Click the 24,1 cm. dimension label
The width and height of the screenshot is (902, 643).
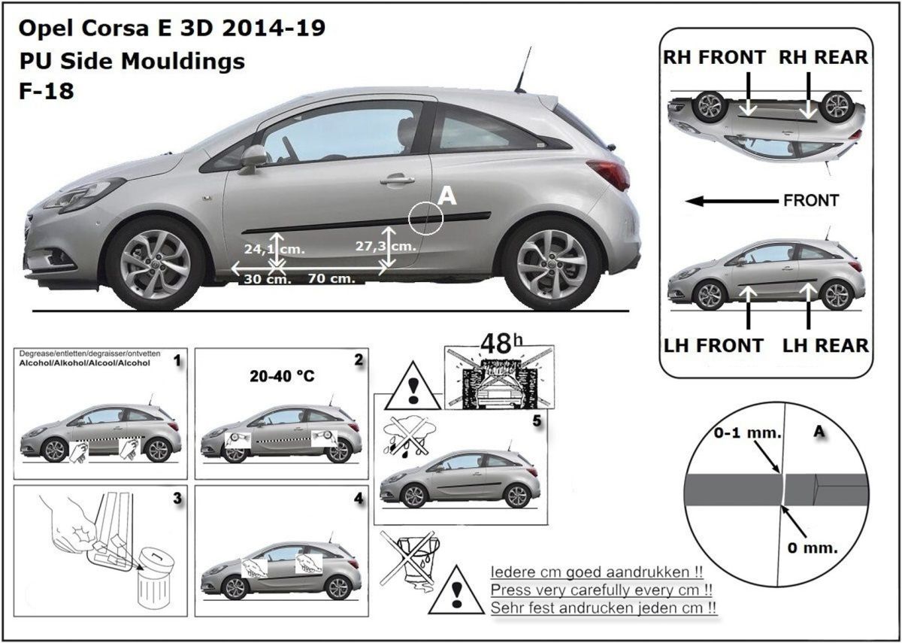[x=274, y=249]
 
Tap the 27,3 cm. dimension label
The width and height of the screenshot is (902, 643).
[x=386, y=246]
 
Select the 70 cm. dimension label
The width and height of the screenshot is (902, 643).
[x=331, y=278]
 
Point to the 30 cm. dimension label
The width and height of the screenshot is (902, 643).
[x=268, y=279]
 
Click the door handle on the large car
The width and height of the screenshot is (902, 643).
[x=397, y=180]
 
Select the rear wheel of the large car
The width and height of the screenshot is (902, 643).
[x=552, y=264]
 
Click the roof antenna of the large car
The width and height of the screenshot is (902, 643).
[x=523, y=70]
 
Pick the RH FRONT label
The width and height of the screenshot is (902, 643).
[x=714, y=57]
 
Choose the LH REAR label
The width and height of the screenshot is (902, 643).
[x=825, y=346]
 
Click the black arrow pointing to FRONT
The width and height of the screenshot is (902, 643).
[x=731, y=201]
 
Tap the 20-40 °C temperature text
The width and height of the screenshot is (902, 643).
[x=282, y=376]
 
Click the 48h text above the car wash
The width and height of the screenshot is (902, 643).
[x=501, y=343]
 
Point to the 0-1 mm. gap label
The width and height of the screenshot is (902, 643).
[x=747, y=433]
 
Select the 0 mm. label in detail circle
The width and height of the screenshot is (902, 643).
[x=813, y=548]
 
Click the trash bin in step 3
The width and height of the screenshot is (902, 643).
[x=156, y=579]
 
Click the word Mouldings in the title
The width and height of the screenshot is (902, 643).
[x=183, y=61]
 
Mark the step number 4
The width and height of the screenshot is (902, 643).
[x=359, y=499]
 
